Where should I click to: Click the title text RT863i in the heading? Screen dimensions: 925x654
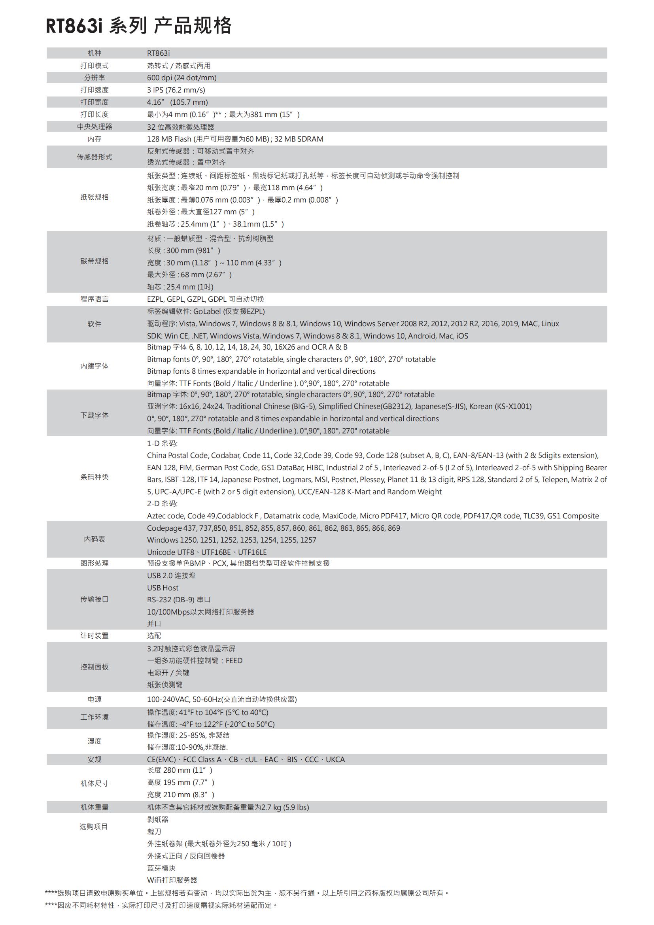click(x=74, y=26)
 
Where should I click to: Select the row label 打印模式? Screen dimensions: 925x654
click(x=94, y=66)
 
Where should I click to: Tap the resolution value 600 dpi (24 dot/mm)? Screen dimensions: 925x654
click(x=181, y=78)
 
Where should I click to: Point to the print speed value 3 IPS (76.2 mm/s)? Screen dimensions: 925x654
click(x=176, y=90)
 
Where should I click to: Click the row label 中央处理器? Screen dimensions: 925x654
click(x=94, y=127)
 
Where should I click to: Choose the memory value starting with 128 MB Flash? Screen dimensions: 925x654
click(x=235, y=139)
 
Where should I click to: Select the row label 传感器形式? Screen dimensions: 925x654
click(x=94, y=157)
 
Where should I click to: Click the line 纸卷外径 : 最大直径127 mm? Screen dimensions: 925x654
click(x=201, y=212)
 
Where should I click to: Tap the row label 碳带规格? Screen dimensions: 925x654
click(x=94, y=261)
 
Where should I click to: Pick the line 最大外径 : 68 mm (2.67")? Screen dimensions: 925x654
click(x=189, y=275)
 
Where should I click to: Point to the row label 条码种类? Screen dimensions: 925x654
click(x=94, y=477)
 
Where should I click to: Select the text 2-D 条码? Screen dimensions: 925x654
click(x=162, y=503)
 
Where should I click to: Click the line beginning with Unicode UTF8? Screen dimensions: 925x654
click(x=206, y=552)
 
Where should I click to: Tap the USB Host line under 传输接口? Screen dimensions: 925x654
click(x=163, y=588)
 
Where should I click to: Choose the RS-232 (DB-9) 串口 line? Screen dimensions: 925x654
click(x=179, y=600)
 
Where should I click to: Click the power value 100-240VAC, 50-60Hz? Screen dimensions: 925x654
click(x=221, y=700)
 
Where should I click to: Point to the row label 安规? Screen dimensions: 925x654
click(x=94, y=759)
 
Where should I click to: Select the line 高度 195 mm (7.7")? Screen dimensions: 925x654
click(x=180, y=782)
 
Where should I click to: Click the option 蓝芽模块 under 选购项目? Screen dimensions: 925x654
click(x=161, y=868)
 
